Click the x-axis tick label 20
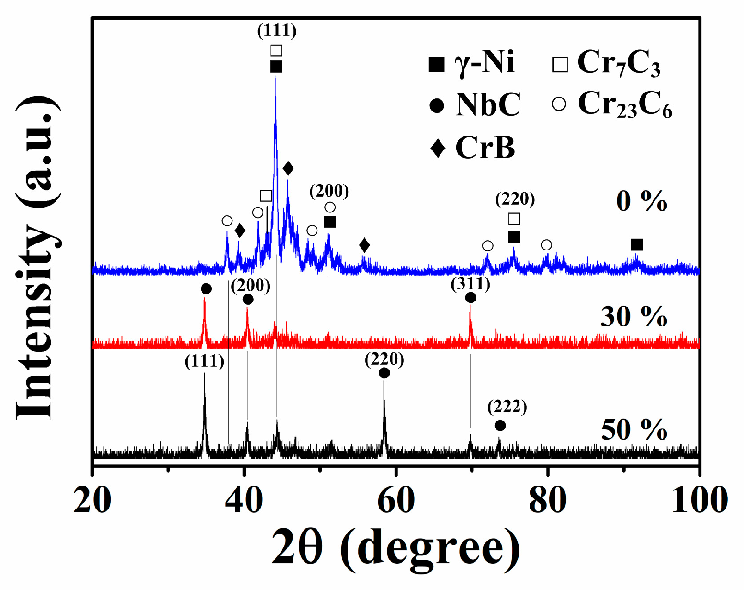(x=92, y=500)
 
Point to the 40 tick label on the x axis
(x=244, y=500)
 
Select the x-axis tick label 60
(x=396, y=500)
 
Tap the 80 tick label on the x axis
(x=548, y=500)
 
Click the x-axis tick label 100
(x=699, y=500)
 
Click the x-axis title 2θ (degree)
(x=395, y=547)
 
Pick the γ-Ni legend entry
(x=472, y=63)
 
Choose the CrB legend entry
(x=473, y=147)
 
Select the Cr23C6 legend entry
(x=612, y=104)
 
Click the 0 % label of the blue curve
(x=641, y=201)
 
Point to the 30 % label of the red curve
(x=634, y=317)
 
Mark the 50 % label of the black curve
(x=634, y=429)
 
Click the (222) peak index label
(x=507, y=407)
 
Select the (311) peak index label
(x=471, y=284)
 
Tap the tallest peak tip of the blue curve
(x=275, y=76)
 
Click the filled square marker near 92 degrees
(x=636, y=245)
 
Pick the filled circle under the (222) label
(x=500, y=426)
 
